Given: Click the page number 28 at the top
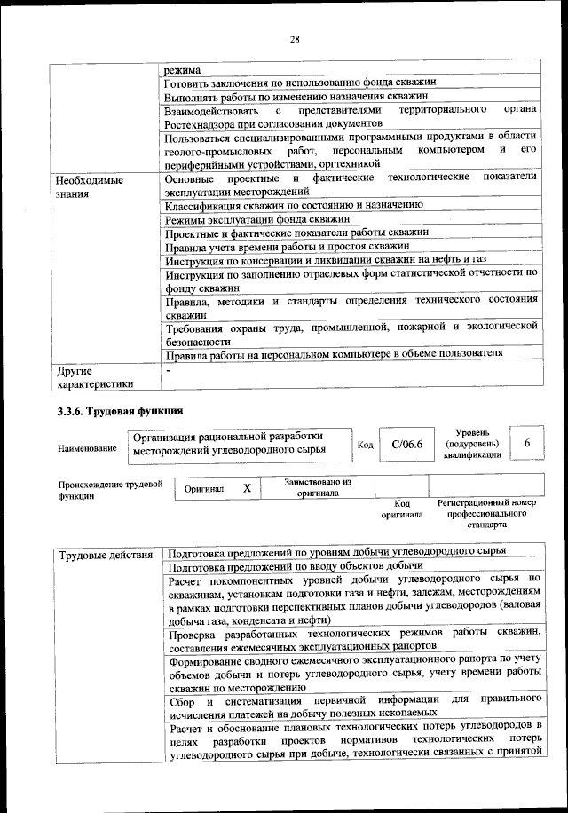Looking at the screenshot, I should tap(295, 38).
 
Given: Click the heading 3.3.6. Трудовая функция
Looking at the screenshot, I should tap(121, 411).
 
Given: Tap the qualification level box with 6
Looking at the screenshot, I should tap(527, 443).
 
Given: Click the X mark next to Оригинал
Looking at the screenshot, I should tap(247, 488).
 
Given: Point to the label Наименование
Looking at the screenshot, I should tap(87, 449).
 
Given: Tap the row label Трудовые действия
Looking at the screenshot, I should tap(105, 556).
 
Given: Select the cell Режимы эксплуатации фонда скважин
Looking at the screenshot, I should tap(257, 217).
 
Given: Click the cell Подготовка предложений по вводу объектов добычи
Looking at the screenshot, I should tap(295, 565).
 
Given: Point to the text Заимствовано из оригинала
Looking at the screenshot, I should tap(319, 486).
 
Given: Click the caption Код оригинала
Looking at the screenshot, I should tap(401, 509).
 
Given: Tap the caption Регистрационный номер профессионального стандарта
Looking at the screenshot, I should tap(486, 514).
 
